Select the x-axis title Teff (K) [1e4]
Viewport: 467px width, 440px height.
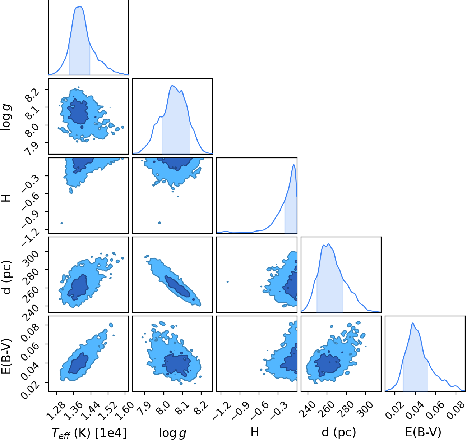click(x=89, y=432)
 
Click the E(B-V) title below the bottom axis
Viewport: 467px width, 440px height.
click(x=423, y=432)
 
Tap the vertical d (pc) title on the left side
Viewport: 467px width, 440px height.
click(x=8, y=277)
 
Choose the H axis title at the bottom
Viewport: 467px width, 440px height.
click(x=255, y=432)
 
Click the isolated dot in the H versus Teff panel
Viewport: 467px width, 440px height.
click(x=62, y=223)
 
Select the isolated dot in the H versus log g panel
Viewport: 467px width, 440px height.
click(x=159, y=223)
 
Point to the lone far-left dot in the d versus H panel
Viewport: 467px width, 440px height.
click(x=228, y=282)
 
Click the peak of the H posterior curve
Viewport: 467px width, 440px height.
click(x=294, y=165)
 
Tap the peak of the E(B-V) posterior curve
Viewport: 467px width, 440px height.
click(x=413, y=323)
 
